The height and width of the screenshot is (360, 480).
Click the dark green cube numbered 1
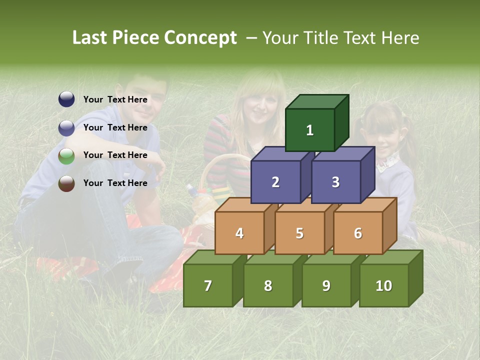click(x=310, y=130)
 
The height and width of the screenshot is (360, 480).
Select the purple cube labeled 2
click(x=275, y=182)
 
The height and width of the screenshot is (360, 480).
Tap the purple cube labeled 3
click(x=335, y=182)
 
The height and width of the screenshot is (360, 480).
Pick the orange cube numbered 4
click(x=239, y=233)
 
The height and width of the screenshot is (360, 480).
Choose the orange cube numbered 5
click(x=299, y=233)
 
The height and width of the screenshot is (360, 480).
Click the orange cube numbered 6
click(x=358, y=233)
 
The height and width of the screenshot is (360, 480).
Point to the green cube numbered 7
click(x=208, y=285)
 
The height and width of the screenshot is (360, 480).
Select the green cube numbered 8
click(x=268, y=285)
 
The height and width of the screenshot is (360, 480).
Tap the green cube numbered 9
click(x=326, y=285)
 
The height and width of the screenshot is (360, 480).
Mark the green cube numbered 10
click(x=384, y=285)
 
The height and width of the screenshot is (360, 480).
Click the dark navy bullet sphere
click(x=66, y=99)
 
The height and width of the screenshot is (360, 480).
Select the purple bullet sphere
click(x=66, y=128)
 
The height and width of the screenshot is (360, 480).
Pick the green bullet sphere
click(x=66, y=156)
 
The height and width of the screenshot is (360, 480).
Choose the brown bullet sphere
click(x=66, y=183)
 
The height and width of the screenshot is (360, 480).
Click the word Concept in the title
click(x=200, y=38)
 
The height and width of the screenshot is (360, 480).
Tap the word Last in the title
click(x=90, y=38)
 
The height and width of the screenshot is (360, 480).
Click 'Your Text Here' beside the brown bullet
click(x=115, y=183)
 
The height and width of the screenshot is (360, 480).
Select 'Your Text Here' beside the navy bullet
click(x=115, y=99)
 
